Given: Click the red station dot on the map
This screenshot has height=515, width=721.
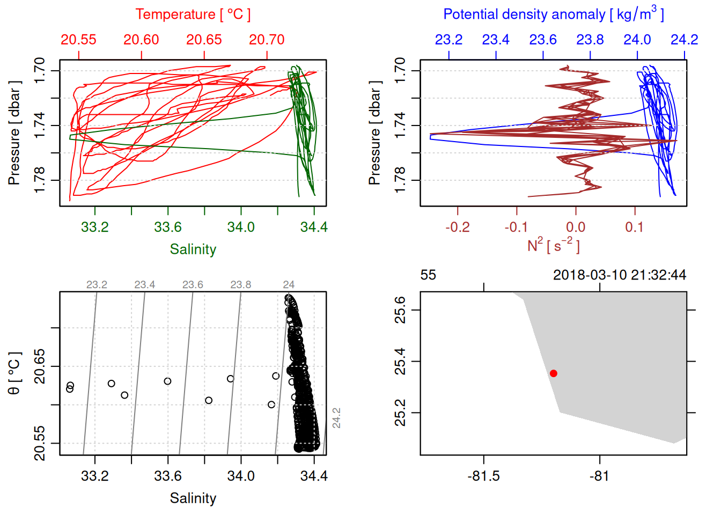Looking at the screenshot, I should [x=554, y=373].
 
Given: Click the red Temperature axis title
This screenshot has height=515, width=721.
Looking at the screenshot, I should [x=193, y=14].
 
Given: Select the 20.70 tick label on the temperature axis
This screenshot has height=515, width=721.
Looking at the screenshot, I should [x=267, y=40].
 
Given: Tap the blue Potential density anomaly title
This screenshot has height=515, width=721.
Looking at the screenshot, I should [x=553, y=14].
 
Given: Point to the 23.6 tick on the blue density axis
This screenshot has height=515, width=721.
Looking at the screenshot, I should [x=543, y=40].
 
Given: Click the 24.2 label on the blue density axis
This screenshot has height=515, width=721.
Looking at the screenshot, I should [x=684, y=40].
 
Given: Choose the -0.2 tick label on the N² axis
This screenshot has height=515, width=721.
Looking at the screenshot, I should [x=458, y=227].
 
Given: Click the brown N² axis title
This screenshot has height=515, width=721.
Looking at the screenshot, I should [x=553, y=246].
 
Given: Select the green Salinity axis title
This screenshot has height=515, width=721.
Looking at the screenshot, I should [x=193, y=249].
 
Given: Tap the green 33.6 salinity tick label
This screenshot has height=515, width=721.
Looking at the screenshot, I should [x=168, y=227].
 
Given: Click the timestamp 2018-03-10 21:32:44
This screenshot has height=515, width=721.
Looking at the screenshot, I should [x=620, y=275].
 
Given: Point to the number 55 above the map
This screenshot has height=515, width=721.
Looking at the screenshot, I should [x=428, y=275].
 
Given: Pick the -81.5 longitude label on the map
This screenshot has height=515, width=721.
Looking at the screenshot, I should [x=484, y=476].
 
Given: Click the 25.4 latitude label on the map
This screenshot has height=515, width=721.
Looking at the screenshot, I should [x=401, y=361].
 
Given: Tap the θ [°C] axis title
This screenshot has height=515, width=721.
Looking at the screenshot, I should [x=14, y=373].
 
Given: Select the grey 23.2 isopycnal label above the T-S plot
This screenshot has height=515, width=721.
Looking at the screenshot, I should [x=97, y=285].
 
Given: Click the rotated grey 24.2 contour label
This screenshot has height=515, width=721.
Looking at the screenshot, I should [x=337, y=418].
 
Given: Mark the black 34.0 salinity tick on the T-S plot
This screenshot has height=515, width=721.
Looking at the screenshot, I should [x=241, y=476].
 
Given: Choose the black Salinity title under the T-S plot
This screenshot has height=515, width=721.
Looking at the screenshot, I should [x=193, y=498].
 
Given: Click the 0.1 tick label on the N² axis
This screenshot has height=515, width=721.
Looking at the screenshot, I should [x=635, y=227].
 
